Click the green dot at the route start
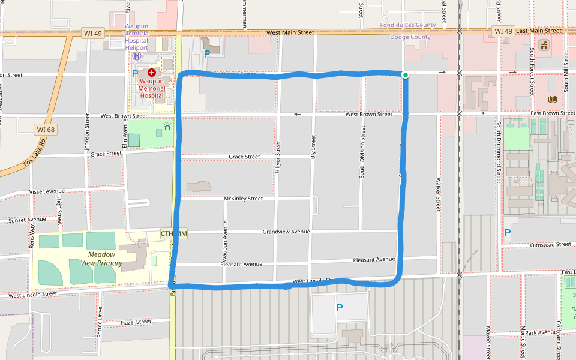coord(406,75)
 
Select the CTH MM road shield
coord(174,233)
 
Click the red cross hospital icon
coord(152,73)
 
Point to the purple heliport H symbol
coord(137,56)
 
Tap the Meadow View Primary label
coord(101,259)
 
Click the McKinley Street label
coord(243,199)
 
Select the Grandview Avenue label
coord(286,232)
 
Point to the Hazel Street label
coord(136,322)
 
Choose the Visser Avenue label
coord(47,192)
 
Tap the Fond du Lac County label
coord(408,25)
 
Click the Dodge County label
coord(410,37)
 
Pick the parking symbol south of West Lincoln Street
coord(340,308)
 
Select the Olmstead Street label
coord(550,245)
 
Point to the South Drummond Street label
coord(499,152)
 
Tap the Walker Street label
coord(439,194)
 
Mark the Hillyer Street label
coord(278,157)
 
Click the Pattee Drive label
coord(100,322)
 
